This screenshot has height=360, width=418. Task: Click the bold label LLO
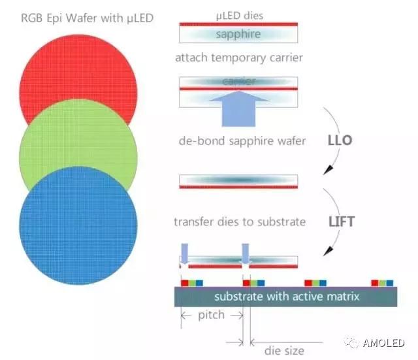pos(340,140)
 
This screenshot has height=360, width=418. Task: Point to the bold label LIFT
pos(341,221)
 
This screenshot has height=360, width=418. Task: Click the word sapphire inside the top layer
pos(238,34)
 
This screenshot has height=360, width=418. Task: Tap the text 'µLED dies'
pos(239,14)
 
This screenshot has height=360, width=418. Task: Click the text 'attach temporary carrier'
pos(239,57)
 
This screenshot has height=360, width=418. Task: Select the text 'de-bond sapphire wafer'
pos(242,140)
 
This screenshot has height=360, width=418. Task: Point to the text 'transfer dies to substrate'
pos(240,221)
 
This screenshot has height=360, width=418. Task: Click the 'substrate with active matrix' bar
pos(287,297)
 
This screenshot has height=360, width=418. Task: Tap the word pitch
pos(211,315)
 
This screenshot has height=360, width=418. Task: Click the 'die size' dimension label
pos(284,350)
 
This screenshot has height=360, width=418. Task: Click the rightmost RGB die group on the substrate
pos(382,282)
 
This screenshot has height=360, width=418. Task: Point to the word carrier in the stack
pos(238,82)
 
